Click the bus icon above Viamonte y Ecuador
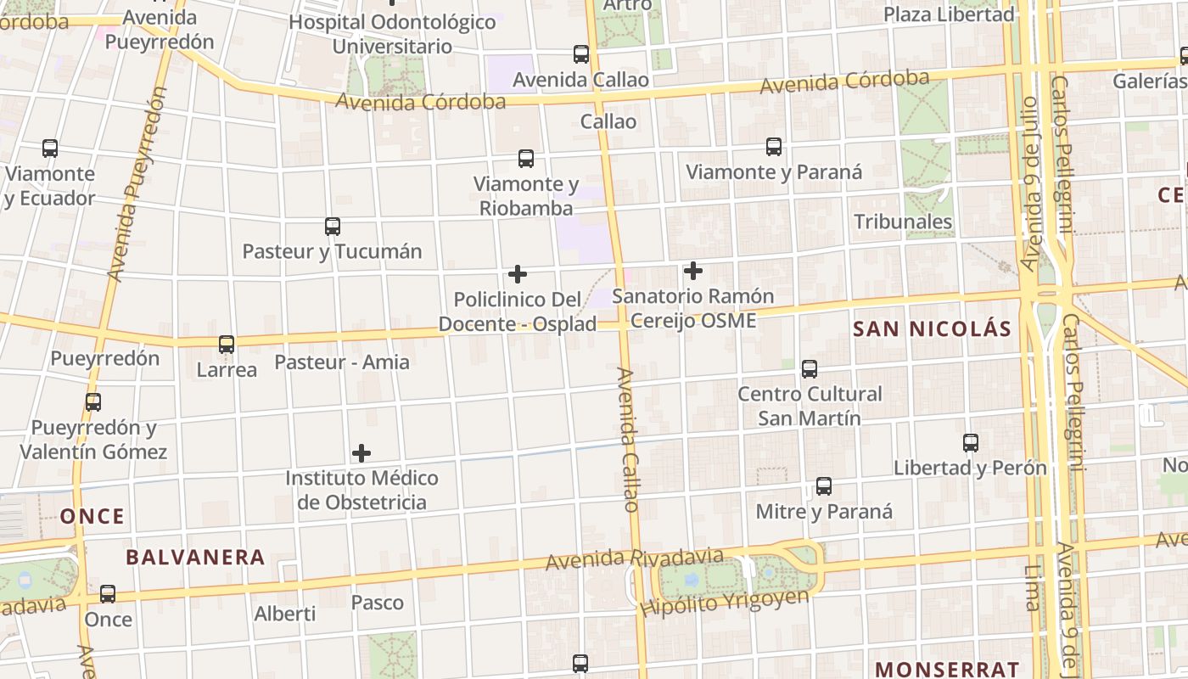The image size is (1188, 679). [x=50, y=149]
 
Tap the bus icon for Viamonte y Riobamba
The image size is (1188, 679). [x=526, y=159]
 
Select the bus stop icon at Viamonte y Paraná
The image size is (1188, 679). [x=774, y=147]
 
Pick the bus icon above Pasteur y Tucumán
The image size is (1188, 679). [x=333, y=227]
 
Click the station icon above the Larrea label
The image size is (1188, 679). [x=227, y=345]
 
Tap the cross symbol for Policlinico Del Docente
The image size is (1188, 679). [x=518, y=274]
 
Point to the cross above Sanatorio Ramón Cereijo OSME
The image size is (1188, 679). [x=693, y=271]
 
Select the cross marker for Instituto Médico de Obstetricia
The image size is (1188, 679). [x=361, y=453]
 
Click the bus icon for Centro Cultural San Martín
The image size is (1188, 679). [x=810, y=369]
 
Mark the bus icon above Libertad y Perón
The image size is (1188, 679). [x=971, y=443]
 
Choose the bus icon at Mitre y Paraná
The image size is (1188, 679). [x=824, y=486]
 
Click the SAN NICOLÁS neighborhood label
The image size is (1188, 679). [x=932, y=329]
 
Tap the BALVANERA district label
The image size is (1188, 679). [x=195, y=558]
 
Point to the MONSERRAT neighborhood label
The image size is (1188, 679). [x=947, y=669]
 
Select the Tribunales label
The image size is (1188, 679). [x=903, y=222]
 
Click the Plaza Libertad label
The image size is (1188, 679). [x=949, y=14]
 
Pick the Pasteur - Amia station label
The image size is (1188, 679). [x=342, y=362]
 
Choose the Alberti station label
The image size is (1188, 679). [x=285, y=614]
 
